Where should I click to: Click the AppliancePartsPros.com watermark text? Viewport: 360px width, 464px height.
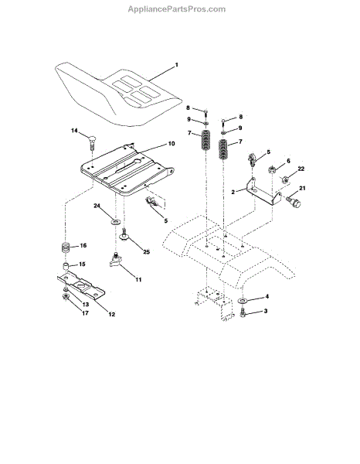pos(176,9)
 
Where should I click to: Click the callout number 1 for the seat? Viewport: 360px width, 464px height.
pos(177,65)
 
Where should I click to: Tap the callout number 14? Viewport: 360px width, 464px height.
pos(74,131)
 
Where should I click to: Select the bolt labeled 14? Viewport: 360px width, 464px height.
pos(92,142)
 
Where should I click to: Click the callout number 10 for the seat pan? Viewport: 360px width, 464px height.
pos(172,144)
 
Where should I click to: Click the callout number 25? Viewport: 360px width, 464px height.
pos(146,252)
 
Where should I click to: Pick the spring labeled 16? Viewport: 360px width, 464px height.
pos(66,247)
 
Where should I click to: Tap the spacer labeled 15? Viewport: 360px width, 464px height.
pos(66,265)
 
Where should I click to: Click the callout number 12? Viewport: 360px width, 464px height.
pos(111,314)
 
